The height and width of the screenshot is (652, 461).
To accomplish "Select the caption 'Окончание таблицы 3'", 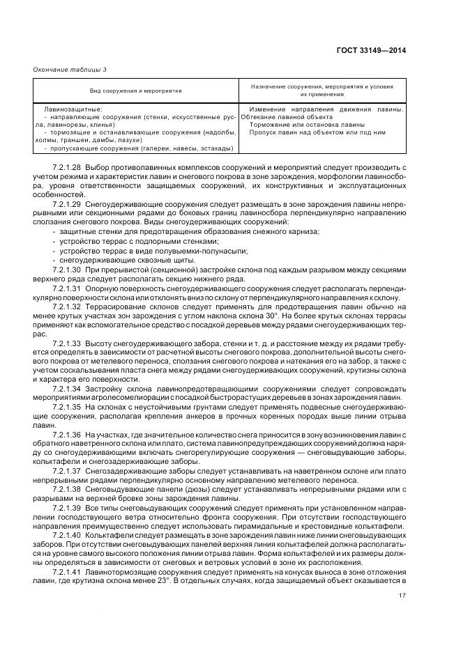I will point(70,69).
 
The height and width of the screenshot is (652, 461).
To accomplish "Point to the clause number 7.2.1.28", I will point(67,169).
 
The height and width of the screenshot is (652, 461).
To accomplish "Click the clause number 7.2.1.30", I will point(67,269).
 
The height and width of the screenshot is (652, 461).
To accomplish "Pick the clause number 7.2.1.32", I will point(67,307).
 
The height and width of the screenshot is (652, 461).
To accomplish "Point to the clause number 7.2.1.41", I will point(67,570).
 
